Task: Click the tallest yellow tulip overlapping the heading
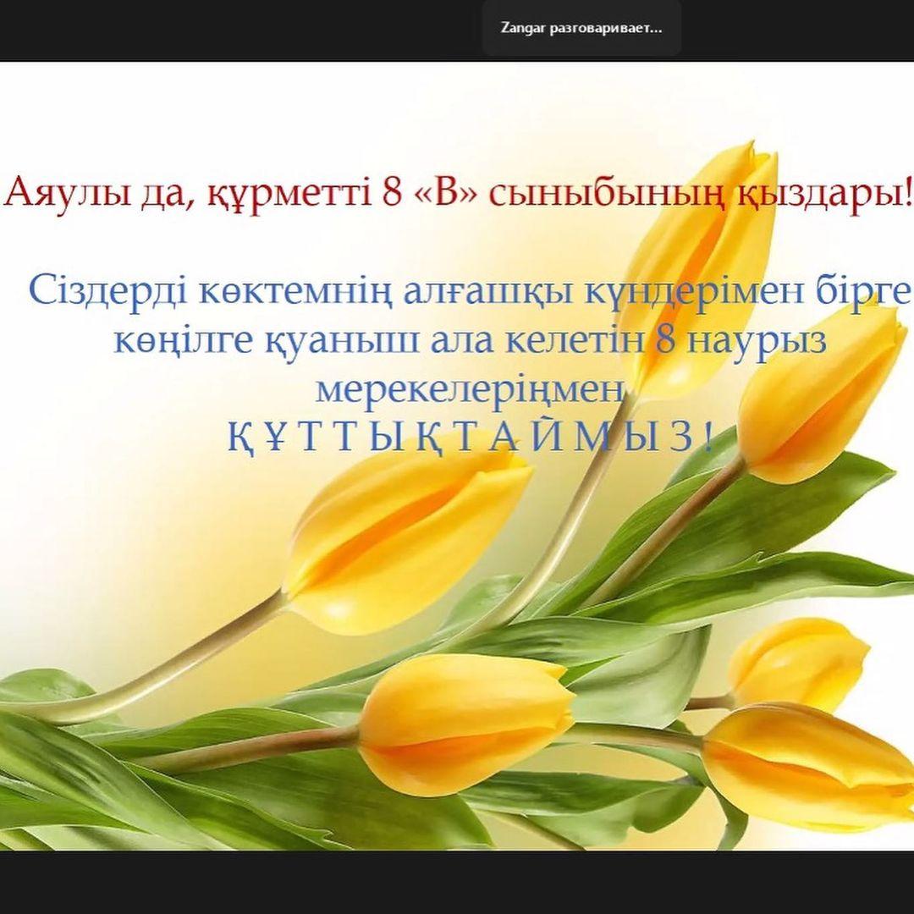[701, 268]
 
